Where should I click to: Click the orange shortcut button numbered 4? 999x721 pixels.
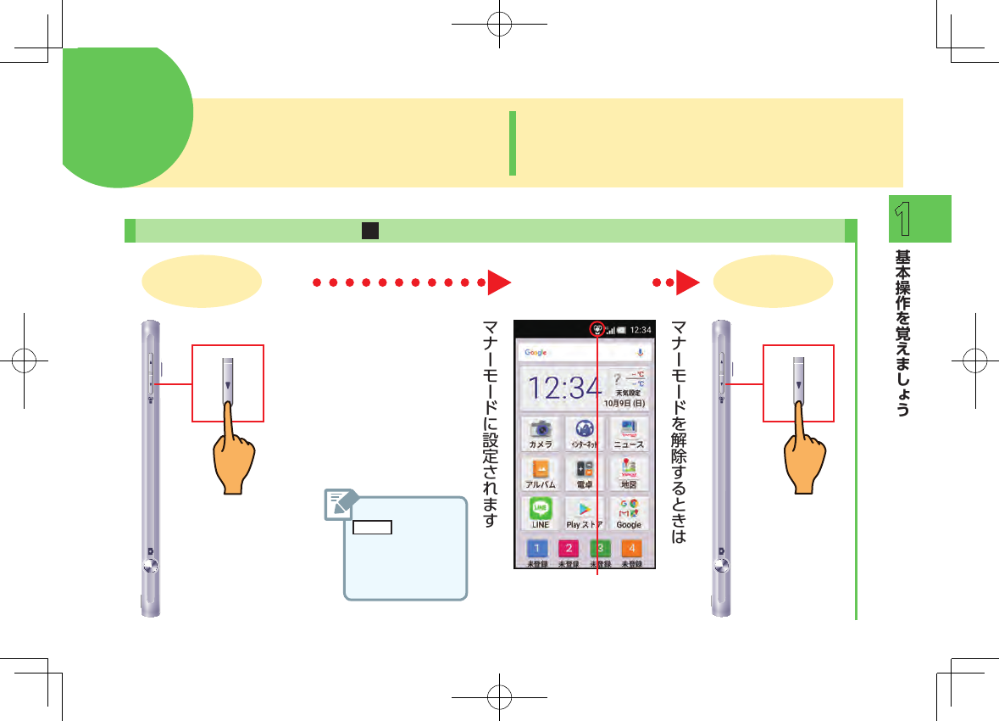pos(631,548)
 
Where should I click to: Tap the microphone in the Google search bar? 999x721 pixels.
pos(641,352)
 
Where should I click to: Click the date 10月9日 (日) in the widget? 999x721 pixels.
pos(626,403)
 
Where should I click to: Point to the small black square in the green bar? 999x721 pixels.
pos(369,231)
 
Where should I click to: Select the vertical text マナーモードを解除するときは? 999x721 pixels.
pos(678,433)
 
